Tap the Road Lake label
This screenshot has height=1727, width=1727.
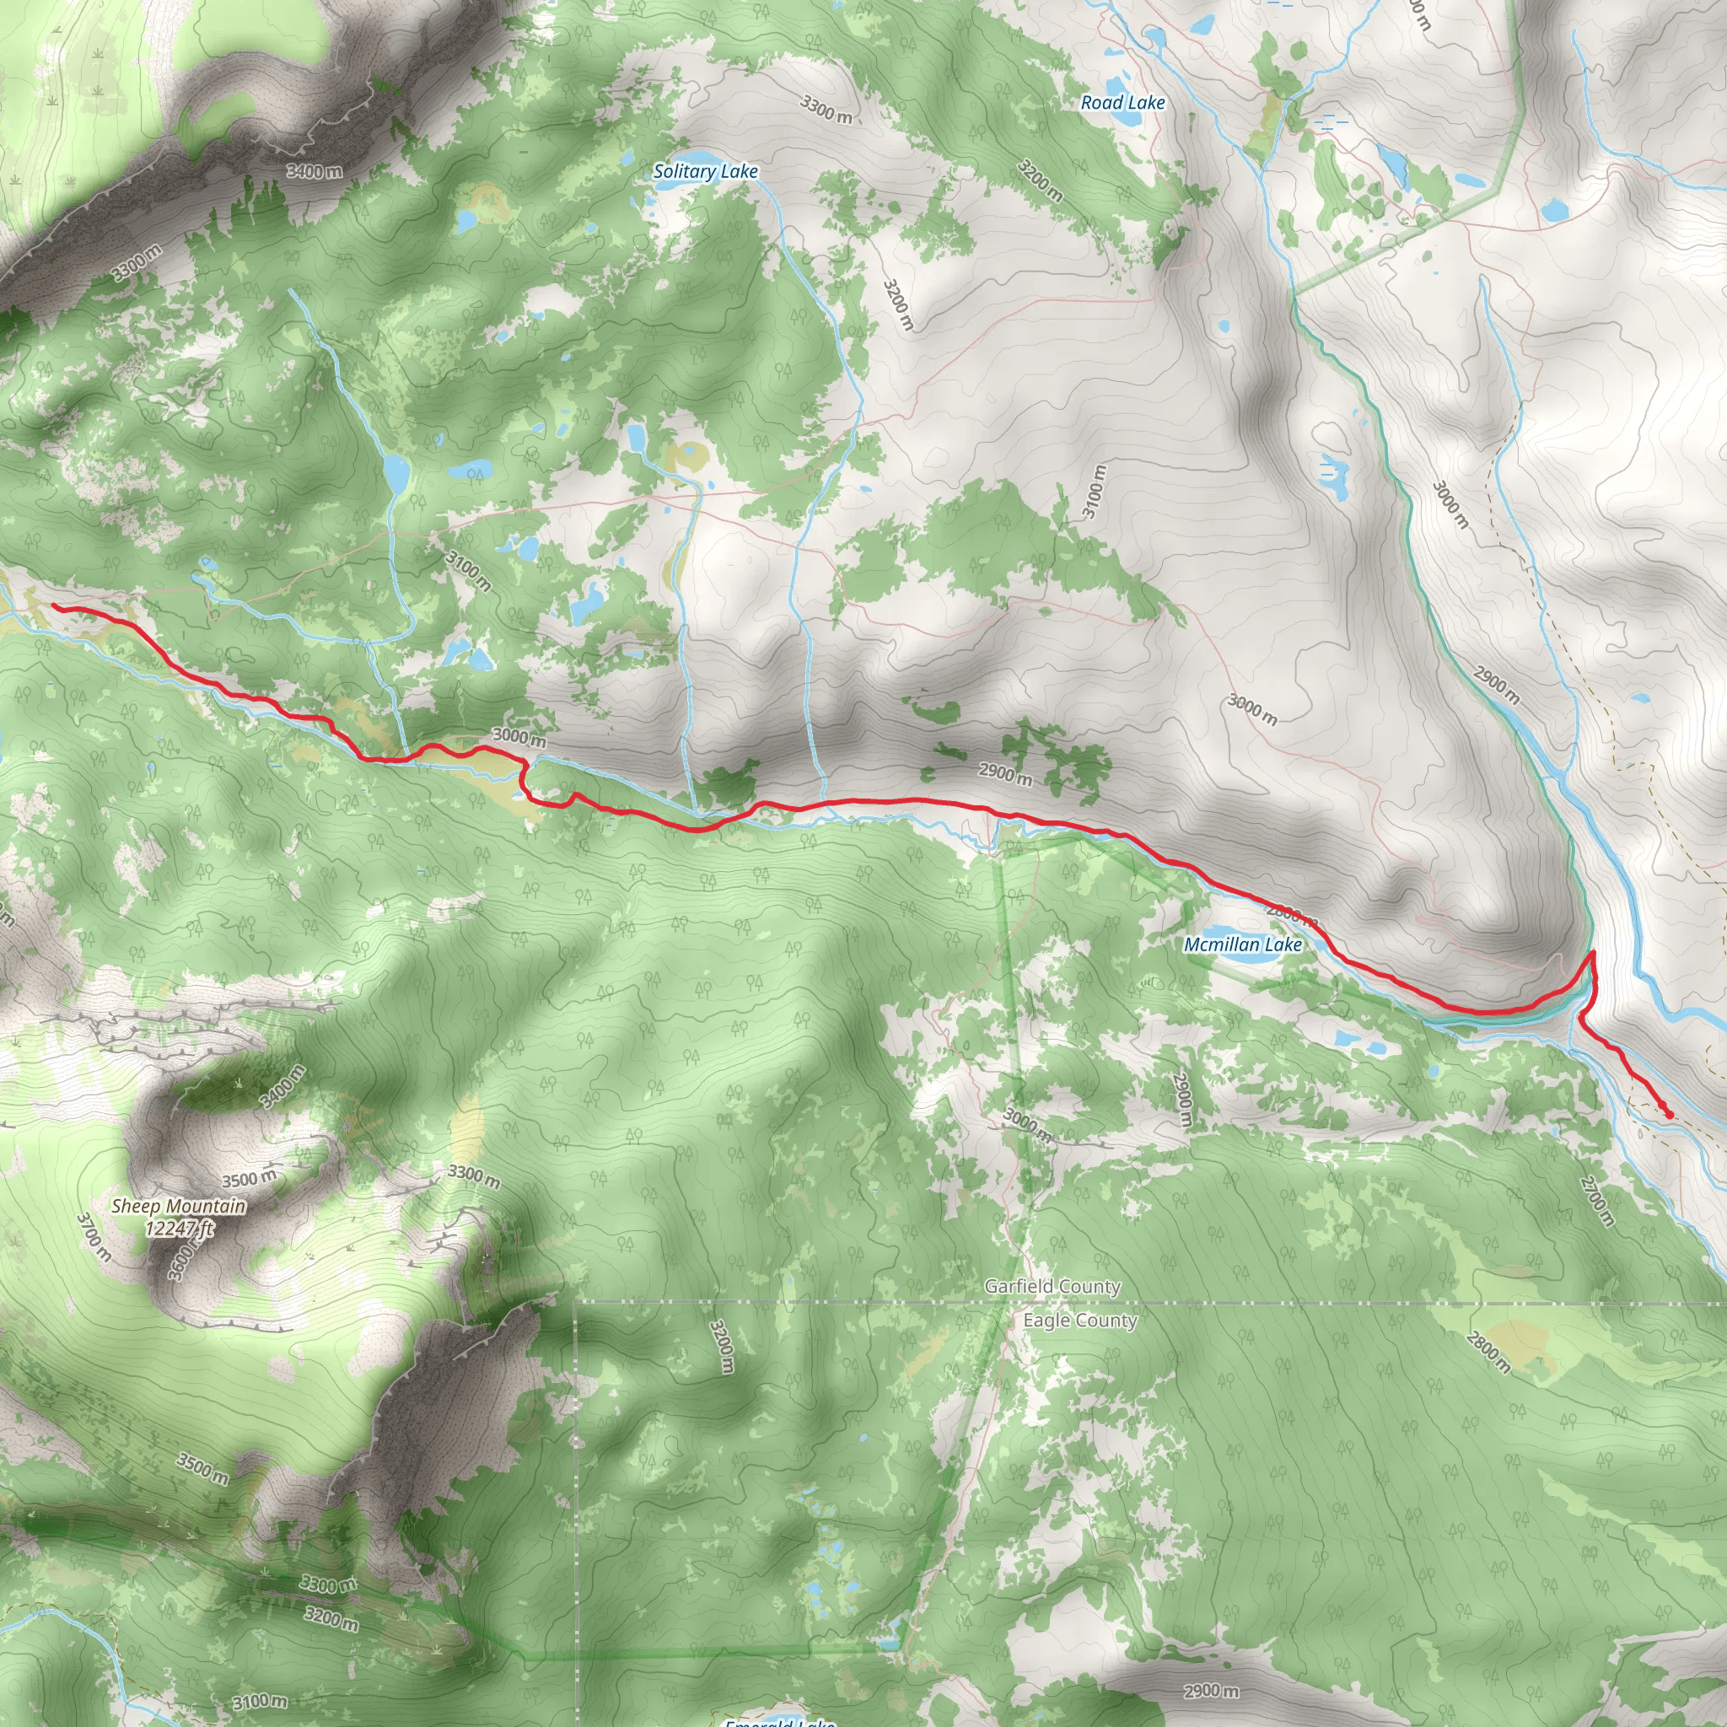pos(1122,103)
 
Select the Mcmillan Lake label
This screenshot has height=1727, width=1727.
pos(1242,944)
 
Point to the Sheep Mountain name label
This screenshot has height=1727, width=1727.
pos(179,1206)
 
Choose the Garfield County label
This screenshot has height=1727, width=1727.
pos(1052,1286)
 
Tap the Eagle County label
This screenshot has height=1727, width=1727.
pos(1080,1321)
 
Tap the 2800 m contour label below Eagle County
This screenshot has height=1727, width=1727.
pos(1488,1353)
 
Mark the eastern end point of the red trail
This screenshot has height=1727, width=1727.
pos(1670,1115)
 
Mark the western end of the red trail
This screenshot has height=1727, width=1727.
pos(54,606)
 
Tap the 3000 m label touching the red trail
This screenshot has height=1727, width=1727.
pos(519,738)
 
